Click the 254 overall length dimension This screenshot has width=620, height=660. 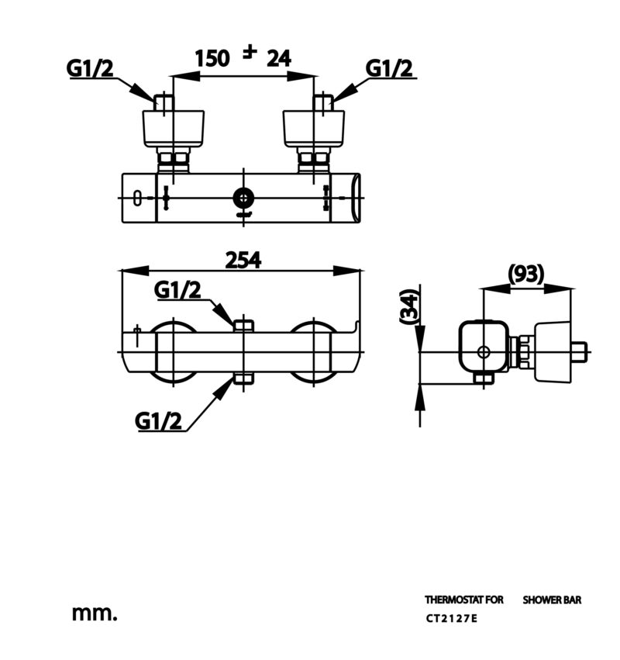pos(243,260)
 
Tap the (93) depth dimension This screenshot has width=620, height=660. pos(525,274)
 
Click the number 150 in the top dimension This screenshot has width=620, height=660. pos(212,58)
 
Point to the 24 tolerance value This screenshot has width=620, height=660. pos(279,58)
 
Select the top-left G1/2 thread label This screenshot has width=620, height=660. pos(90,67)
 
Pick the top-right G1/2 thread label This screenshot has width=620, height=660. pos(389,68)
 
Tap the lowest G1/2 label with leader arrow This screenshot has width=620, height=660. pos(158,420)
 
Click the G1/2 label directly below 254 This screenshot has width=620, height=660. pos(177,289)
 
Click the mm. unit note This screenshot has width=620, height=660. pos(95,613)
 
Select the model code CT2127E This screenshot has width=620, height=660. pos(451,618)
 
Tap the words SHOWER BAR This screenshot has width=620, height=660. pos(552,600)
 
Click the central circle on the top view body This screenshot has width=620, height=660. pos(243,198)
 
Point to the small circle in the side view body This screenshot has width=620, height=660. pos(484,352)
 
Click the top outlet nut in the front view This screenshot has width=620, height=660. pos(243,326)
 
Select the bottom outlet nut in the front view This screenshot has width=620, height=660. pos(243,378)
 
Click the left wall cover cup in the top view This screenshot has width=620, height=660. pos(174,129)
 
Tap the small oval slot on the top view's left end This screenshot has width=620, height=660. pos(137,199)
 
